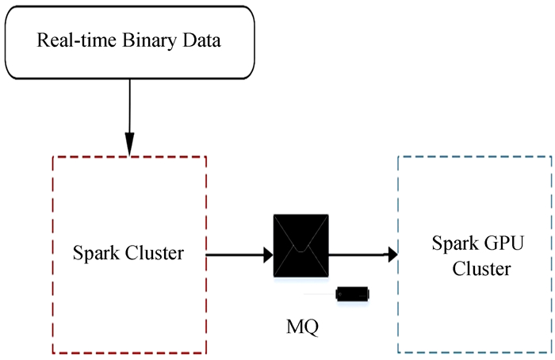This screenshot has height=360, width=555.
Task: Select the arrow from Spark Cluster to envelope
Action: (x=239, y=255)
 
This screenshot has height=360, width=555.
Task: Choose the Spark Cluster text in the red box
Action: (x=128, y=255)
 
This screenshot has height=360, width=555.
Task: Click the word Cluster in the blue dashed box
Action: (x=481, y=270)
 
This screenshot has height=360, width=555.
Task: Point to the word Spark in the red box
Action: (x=94, y=255)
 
